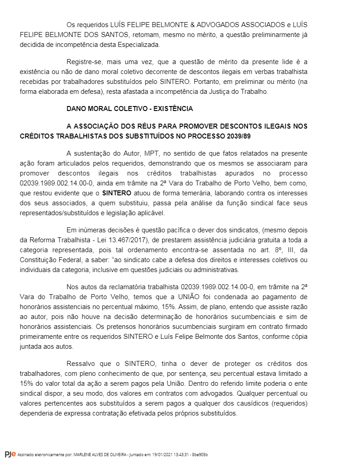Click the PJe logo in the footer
point(10,453)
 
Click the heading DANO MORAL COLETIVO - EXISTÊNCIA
point(129,109)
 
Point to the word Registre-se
point(84,62)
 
